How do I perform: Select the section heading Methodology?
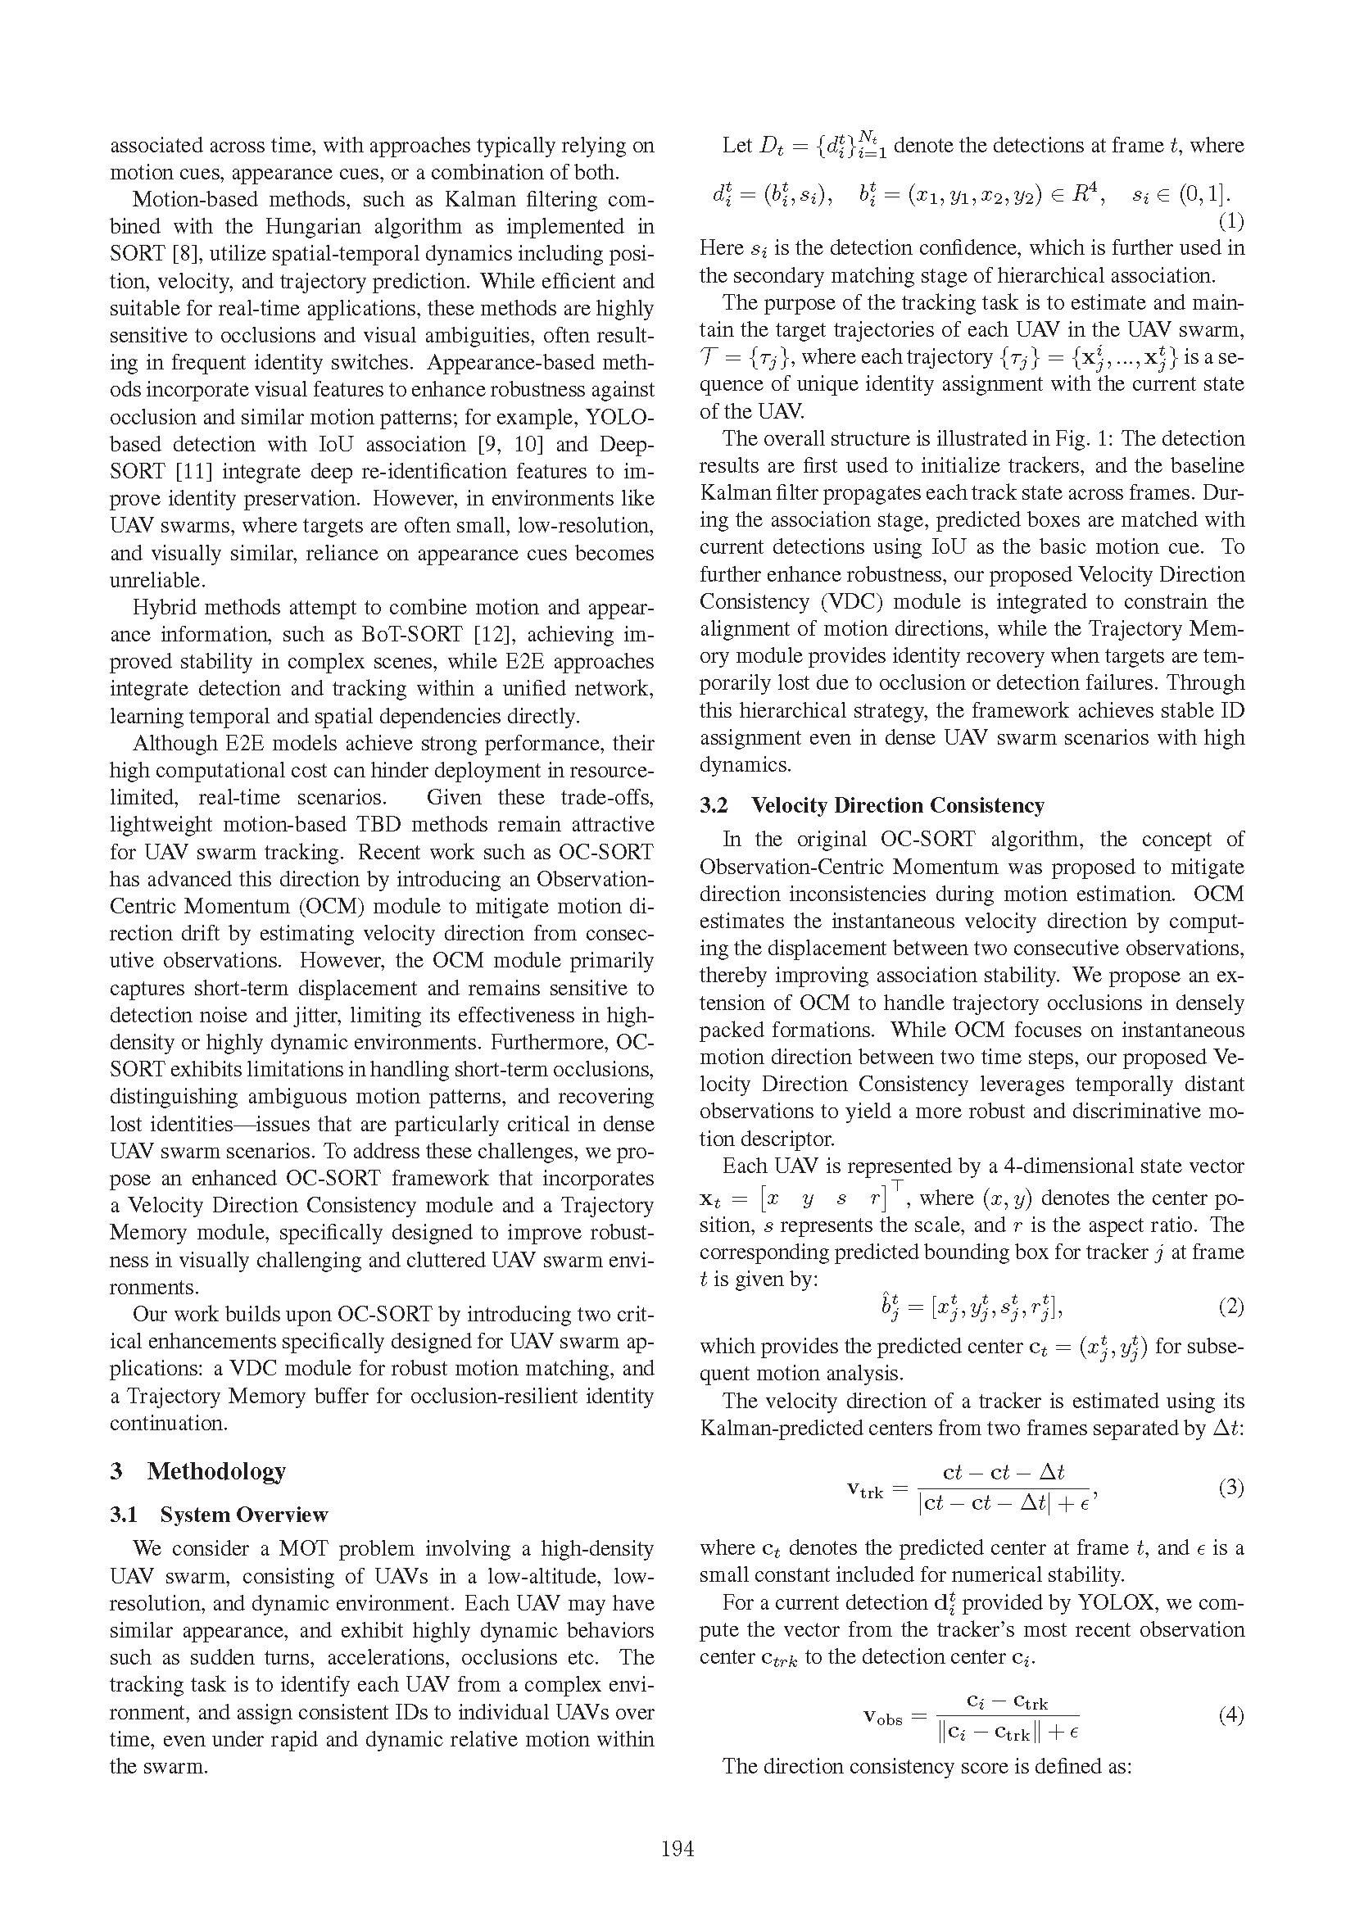pyautogui.click(x=216, y=1470)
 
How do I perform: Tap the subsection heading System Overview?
pyautogui.click(x=243, y=1514)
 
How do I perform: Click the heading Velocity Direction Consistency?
pyautogui.click(x=897, y=804)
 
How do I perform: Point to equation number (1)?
pyautogui.click(x=1230, y=221)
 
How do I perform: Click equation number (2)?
pyautogui.click(x=1230, y=1306)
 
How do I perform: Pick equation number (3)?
pyautogui.click(x=1230, y=1487)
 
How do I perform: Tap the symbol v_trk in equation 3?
pyautogui.click(x=865, y=1490)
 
